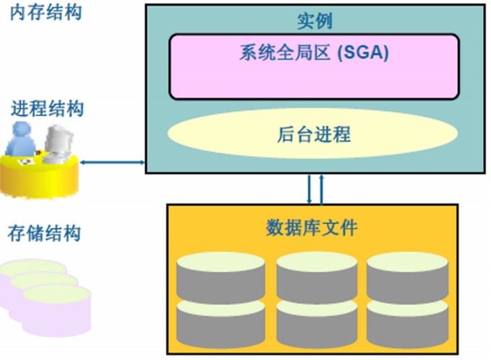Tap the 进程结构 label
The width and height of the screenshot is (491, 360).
[48, 109]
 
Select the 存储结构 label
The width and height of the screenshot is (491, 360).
[44, 233]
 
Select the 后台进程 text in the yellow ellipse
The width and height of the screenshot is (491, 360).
[313, 134]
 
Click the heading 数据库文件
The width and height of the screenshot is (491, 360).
[312, 229]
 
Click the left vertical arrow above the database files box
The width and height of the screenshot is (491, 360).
[309, 189]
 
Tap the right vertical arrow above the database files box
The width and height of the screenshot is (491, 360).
[321, 189]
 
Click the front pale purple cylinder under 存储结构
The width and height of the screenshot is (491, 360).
[58, 306]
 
